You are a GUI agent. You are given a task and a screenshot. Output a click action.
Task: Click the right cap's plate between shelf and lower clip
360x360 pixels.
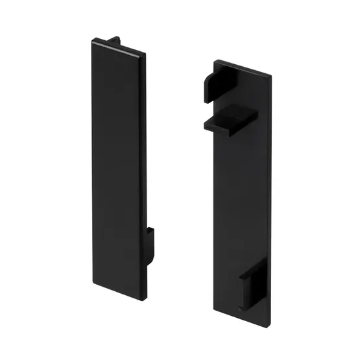pyautogui.click(x=240, y=201)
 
